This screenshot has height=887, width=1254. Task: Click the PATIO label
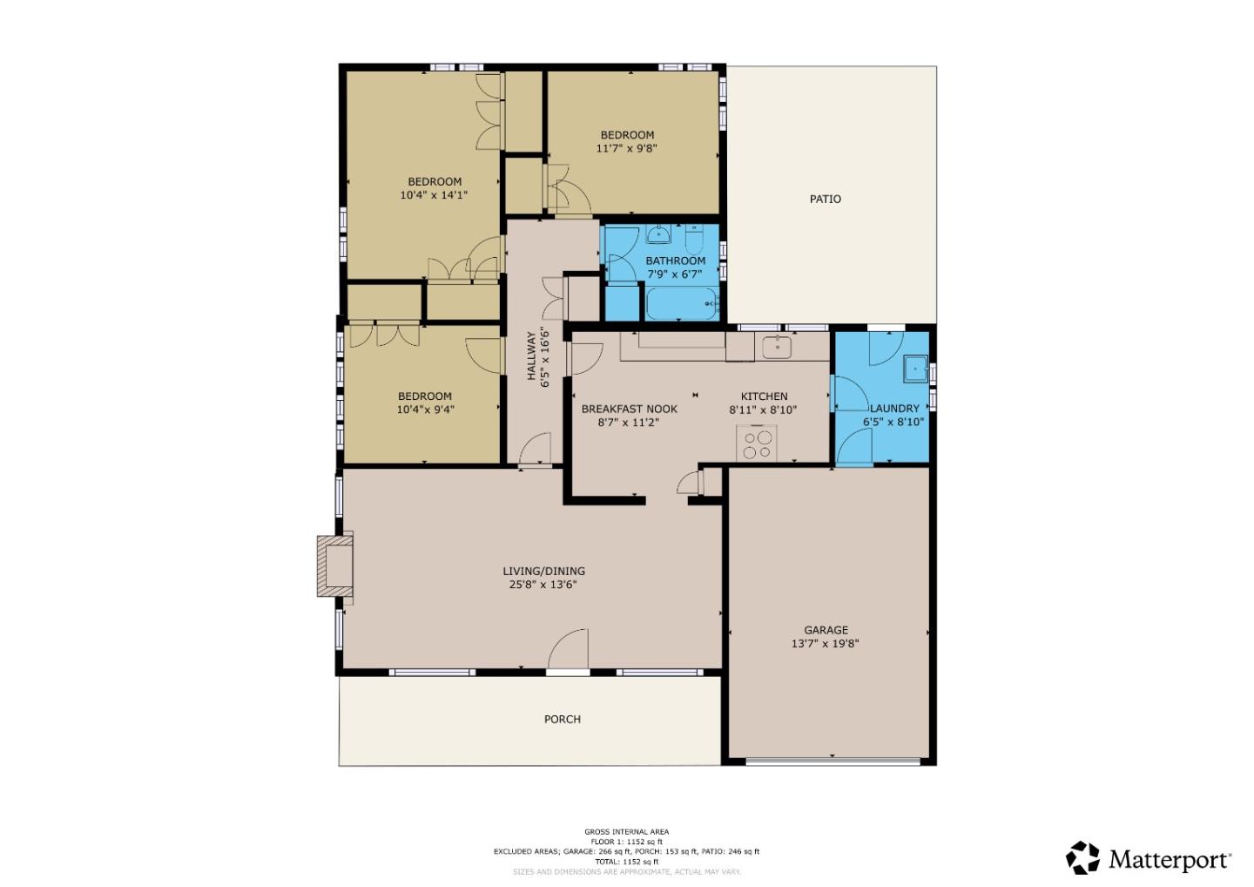[x=825, y=199]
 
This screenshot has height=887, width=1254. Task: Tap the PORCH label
[x=562, y=719]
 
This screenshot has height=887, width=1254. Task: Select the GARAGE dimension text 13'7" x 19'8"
[x=826, y=644]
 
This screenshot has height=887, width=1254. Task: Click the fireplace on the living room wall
[x=334, y=565]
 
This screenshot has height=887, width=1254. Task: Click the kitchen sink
[x=776, y=347]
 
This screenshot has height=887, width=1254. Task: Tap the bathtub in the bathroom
[x=682, y=304]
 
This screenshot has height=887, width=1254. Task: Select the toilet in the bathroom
[x=693, y=238]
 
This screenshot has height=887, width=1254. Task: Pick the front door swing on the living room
[x=570, y=650]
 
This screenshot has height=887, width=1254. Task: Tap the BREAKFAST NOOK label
[x=629, y=409]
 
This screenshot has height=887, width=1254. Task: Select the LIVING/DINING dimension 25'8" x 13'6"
[x=543, y=585]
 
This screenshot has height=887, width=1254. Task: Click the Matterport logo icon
[x=1083, y=858]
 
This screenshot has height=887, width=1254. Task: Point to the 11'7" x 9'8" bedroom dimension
[x=626, y=148]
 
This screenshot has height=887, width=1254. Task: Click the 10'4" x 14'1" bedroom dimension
[x=434, y=195]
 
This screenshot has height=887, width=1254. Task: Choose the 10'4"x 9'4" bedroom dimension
[x=425, y=410]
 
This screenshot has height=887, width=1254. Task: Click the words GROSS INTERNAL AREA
[x=626, y=832]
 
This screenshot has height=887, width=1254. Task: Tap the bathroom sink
[x=658, y=234]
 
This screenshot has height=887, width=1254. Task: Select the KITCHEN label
[x=764, y=396]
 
